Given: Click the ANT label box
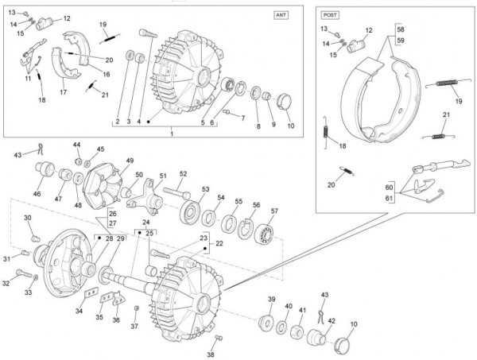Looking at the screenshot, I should point(282,15).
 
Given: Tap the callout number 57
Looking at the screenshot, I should point(274,211).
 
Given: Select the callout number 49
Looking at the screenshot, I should point(130,161).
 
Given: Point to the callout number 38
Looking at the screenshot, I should point(211,354).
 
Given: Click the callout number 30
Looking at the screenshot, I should point(27,218).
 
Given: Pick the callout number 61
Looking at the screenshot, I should point(390,198).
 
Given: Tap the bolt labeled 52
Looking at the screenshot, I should point(176,192).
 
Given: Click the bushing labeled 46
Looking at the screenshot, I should point(45,171).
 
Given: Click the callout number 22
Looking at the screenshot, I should point(219,244).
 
